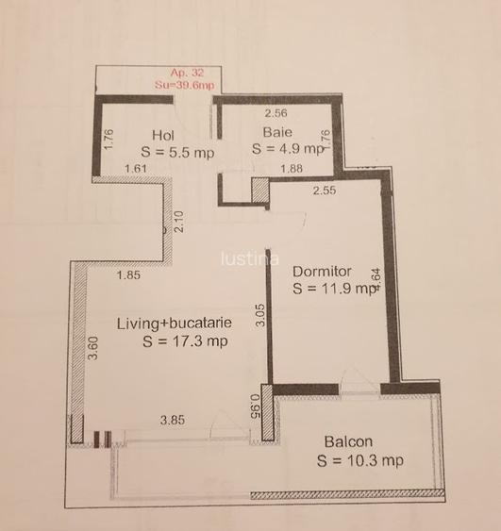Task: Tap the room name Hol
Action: click(162, 135)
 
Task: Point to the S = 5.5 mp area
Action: click(177, 151)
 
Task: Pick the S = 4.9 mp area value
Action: click(289, 149)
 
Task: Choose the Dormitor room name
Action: click(323, 268)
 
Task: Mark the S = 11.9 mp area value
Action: click(333, 289)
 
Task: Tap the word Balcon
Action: click(348, 441)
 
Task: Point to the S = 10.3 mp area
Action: click(360, 460)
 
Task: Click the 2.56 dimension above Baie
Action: click(274, 113)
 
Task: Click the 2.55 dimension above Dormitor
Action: click(325, 190)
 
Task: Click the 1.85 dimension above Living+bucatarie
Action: click(129, 276)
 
